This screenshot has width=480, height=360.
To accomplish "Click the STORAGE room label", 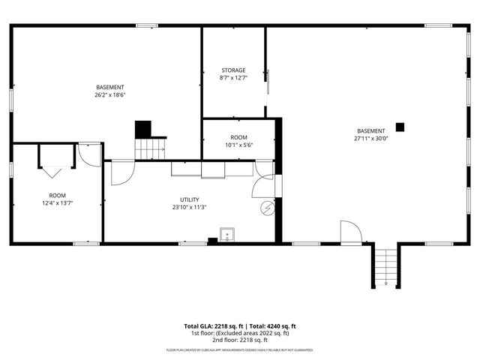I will [x=232, y=70].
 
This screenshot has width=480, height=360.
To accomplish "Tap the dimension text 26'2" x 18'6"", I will [x=109, y=95].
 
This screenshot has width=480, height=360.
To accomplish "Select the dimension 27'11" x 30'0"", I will [x=370, y=138].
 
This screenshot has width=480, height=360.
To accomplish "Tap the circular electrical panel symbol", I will [x=265, y=208].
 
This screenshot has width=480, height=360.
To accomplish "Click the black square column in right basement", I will [x=400, y=127].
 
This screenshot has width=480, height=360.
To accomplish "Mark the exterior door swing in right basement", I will [x=349, y=232].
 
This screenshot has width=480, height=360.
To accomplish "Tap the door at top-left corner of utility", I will [x=119, y=172].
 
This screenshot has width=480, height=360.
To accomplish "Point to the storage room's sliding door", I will [x=268, y=82].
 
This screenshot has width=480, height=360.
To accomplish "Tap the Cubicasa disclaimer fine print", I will [x=239, y=349].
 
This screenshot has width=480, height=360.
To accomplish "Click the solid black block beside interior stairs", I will [x=142, y=129].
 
